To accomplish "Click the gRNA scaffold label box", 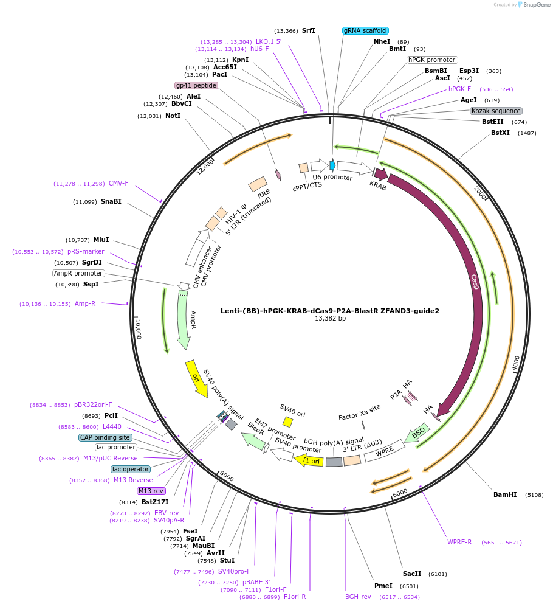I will [365, 30].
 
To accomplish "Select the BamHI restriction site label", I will [505, 494].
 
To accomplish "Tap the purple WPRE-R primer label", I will [459, 542].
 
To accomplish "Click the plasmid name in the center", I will [329, 310].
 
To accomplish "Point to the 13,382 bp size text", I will [330, 318].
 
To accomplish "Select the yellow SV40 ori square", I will [288, 421].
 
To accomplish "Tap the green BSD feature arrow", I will [419, 433].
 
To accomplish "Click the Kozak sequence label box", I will [496, 111].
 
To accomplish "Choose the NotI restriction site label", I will [173, 116].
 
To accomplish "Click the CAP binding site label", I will [105, 437].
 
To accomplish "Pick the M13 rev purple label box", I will [151, 491].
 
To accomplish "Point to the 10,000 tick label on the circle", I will [138, 329].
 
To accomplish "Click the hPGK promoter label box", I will [431, 60].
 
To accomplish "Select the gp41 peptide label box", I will [196, 85].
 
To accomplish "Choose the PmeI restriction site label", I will [383, 586].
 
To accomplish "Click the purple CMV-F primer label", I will [118, 183].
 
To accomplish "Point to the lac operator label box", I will [130, 469].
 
